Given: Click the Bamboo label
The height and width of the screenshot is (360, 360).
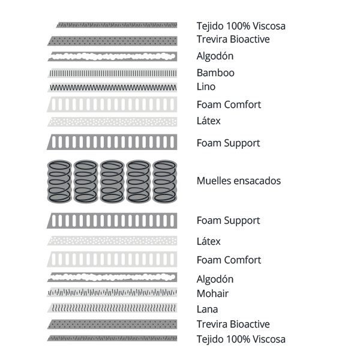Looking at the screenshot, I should pos(215,73).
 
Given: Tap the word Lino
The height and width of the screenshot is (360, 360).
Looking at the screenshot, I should pos(206,86).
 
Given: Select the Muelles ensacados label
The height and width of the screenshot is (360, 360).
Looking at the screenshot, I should pos(238,181).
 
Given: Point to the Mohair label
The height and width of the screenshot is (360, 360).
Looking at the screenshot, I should pos(212,294).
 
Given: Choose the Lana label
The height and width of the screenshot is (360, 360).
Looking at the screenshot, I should pos(207,310).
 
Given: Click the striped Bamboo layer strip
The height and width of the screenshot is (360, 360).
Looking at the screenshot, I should pos(113,73).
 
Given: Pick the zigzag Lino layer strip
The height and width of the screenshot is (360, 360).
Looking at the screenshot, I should pos(113,87).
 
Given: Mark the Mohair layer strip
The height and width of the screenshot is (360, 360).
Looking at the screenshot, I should pos(113,292).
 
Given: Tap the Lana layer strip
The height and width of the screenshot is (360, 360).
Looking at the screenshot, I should pos(113,308).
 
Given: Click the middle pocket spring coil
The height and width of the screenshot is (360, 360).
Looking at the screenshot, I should pos(113,181).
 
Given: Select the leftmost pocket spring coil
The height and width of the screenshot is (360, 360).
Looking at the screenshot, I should pos(60,181).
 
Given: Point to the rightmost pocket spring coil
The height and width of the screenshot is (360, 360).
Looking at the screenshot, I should pos(165,181).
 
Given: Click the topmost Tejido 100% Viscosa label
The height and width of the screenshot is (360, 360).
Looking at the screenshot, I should pos(241,26).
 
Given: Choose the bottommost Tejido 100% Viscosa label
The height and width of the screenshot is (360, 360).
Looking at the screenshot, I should pos(241,339).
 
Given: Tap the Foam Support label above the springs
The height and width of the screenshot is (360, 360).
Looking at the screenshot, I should pos(228,143).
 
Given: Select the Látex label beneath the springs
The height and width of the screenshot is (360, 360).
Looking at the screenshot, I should pos(209,242).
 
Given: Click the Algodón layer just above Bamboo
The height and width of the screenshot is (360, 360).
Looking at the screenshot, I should pos(113,56).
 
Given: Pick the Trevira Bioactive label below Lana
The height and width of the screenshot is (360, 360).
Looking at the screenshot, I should pos(233,325).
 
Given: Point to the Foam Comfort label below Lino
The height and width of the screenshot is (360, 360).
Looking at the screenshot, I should pos(229,104).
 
